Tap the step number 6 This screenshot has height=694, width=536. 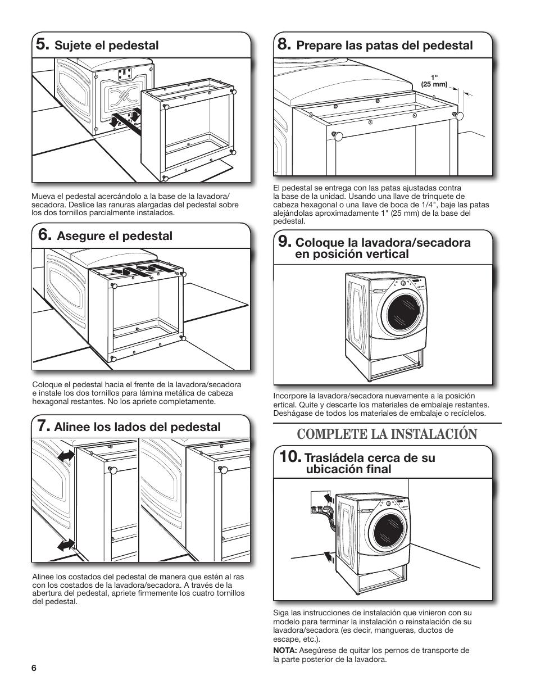[x=42, y=235]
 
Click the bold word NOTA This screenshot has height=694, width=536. [x=285, y=651]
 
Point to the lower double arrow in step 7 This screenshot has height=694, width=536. [x=65, y=544]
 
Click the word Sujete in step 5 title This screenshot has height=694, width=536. [x=72, y=46]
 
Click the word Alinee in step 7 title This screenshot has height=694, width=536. [x=71, y=427]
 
